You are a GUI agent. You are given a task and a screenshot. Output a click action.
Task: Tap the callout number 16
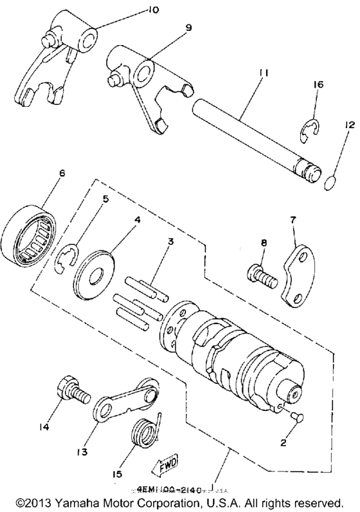pyautogui.click(x=318, y=84)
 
